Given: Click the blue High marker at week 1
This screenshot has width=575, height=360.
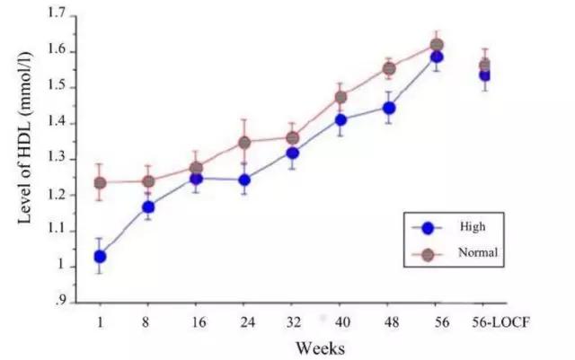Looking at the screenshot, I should click(101, 256).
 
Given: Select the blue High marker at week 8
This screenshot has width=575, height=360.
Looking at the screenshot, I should click(148, 207).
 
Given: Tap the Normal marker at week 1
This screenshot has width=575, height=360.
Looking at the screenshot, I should click(101, 183).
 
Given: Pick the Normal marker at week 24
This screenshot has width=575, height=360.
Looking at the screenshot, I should click(244, 142).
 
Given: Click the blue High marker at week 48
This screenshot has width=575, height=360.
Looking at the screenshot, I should click(389, 108).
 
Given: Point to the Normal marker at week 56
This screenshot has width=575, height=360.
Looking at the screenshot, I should click(437, 45).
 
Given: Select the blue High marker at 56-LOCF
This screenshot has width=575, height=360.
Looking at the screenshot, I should click(484, 75).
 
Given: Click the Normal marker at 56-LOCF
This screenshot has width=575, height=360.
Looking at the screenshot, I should click(485, 65).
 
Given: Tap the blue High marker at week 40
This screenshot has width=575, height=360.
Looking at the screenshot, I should click(341, 119).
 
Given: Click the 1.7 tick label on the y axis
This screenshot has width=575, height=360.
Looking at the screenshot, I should click(57, 15).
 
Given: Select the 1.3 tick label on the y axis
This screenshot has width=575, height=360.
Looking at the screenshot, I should click(57, 158).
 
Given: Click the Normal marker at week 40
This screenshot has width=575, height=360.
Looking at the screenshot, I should click(341, 97).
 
